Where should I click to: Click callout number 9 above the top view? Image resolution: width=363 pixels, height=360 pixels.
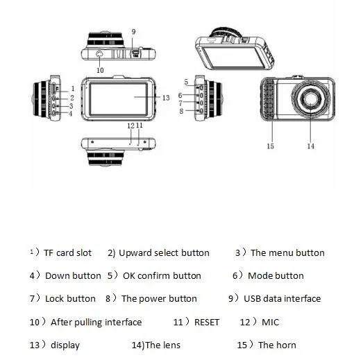click(x=133, y=32)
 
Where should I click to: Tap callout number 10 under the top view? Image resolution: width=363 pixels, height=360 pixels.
click(x=100, y=70)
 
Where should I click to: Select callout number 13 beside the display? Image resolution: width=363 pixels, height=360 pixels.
click(x=166, y=98)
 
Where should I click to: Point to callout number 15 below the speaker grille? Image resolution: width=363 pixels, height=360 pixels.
click(x=270, y=146)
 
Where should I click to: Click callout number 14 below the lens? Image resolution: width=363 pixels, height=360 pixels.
click(x=311, y=146)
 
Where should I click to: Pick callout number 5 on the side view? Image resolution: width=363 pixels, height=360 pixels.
click(x=186, y=82)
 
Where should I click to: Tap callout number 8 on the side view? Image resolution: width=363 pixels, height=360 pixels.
click(x=181, y=111)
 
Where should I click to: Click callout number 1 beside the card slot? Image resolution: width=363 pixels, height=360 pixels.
click(x=73, y=88)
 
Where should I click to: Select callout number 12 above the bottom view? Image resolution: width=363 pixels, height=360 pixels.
click(x=130, y=126)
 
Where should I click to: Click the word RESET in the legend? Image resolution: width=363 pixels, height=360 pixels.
click(x=207, y=322)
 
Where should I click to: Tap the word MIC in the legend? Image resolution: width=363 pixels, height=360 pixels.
click(x=270, y=322)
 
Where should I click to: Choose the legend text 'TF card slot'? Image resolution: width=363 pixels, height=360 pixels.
click(x=67, y=252)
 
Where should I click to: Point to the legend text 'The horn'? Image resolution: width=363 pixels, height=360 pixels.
click(x=277, y=345)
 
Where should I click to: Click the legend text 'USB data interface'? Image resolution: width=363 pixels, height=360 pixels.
click(x=282, y=298)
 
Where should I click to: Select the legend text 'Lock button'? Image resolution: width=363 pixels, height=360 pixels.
click(x=70, y=298)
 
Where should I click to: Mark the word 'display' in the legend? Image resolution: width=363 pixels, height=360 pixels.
click(x=65, y=345)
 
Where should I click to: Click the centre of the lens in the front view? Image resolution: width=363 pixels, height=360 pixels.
click(x=310, y=98)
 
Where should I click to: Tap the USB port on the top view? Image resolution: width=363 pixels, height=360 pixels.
click(x=135, y=53)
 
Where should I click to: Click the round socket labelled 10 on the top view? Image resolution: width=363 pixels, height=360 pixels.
click(x=99, y=54)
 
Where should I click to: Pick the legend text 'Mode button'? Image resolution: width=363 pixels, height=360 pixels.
click(x=276, y=275)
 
